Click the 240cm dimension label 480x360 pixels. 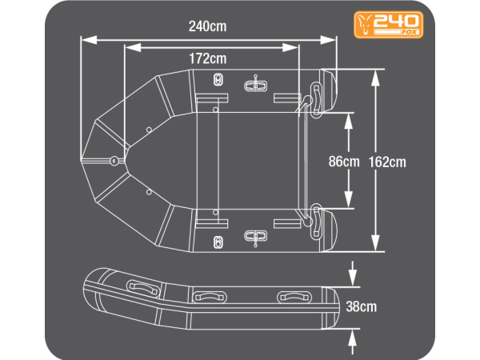point(207,26)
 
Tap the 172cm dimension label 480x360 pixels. point(207,58)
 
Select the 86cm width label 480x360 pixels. point(344,162)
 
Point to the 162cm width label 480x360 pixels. point(387,162)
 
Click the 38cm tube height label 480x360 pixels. point(362,306)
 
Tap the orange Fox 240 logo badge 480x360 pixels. point(389,25)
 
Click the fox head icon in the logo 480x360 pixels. point(365,25)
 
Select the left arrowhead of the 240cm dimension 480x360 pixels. point(89,40)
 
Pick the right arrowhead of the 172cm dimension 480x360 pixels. point(290,47)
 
